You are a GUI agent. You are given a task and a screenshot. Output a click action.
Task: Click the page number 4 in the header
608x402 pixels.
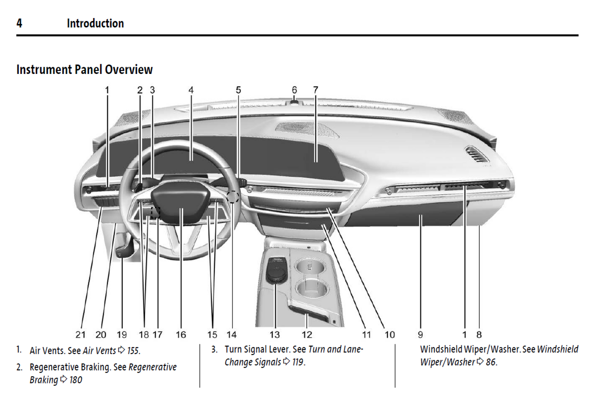pos(19,23)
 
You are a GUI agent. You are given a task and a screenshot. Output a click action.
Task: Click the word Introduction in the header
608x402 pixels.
pos(95,24)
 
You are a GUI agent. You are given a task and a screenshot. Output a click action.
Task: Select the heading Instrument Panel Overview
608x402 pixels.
pos(84,70)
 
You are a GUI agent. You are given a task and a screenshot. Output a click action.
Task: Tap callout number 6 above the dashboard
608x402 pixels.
pos(295,90)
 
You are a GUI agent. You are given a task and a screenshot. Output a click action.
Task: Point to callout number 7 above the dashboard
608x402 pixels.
pos(316,90)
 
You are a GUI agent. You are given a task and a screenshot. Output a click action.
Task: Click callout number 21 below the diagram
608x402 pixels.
pos(80,335)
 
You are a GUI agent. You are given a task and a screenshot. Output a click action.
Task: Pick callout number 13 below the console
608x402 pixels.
pos(274,335)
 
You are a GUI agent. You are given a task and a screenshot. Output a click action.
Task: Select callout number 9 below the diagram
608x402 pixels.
pos(420,335)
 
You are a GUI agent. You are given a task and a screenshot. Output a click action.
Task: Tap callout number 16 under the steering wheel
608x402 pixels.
pos(181,335)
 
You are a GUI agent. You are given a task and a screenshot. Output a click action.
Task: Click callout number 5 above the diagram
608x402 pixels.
pos(238,90)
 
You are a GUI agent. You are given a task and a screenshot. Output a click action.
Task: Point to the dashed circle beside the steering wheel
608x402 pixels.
pos(233,196)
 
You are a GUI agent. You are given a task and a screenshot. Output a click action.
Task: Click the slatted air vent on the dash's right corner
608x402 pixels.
pos(476,154)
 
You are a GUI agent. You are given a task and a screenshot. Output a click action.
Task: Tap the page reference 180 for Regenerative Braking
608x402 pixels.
pos(76,380)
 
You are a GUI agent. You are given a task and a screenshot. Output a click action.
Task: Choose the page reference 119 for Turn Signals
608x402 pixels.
pos(298,362)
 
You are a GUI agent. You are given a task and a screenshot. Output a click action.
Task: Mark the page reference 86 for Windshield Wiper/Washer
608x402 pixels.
pos(491,362)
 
